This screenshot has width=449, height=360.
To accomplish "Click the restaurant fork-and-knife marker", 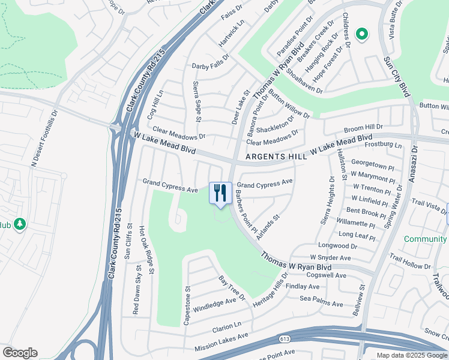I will (220, 193).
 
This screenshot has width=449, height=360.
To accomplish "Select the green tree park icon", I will (20, 224).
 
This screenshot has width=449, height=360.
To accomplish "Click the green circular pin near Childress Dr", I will (362, 35).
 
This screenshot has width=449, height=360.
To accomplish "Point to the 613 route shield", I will (285, 339).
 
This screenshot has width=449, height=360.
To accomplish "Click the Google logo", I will (20, 353).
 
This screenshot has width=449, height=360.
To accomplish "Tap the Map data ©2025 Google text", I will (412, 355).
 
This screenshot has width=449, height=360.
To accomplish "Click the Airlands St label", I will (268, 228).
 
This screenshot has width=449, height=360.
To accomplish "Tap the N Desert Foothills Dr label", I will (45, 137).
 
